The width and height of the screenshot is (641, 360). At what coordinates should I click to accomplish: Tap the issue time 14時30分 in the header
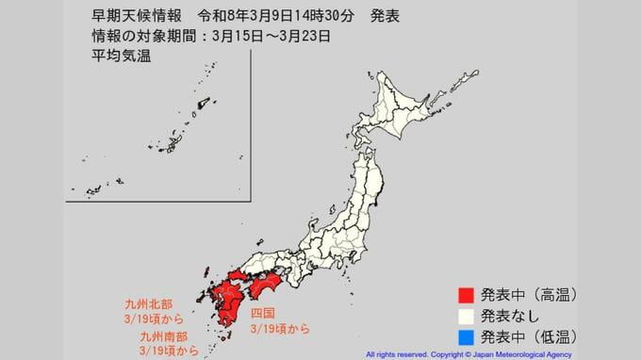tap(307, 17)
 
